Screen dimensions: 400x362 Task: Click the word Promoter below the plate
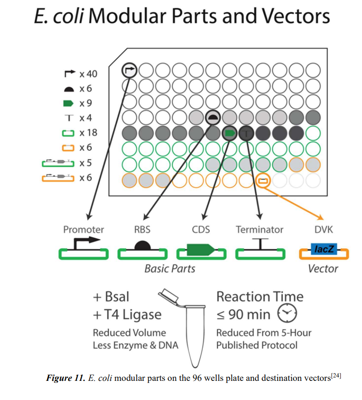[x=83, y=229]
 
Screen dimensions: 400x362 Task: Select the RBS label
[x=142, y=229]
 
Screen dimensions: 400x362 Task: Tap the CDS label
[x=201, y=229]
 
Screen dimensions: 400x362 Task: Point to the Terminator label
[x=259, y=229]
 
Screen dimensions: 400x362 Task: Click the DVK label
[x=324, y=229]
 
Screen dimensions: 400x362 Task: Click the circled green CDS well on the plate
[x=229, y=133]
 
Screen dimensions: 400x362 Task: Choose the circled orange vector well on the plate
[x=263, y=180]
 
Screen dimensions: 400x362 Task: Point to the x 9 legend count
[x=86, y=103]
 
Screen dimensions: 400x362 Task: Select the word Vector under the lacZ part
[x=323, y=268]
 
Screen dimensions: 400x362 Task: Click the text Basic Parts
[x=170, y=268]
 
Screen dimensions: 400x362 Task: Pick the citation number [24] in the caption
[x=336, y=376]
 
